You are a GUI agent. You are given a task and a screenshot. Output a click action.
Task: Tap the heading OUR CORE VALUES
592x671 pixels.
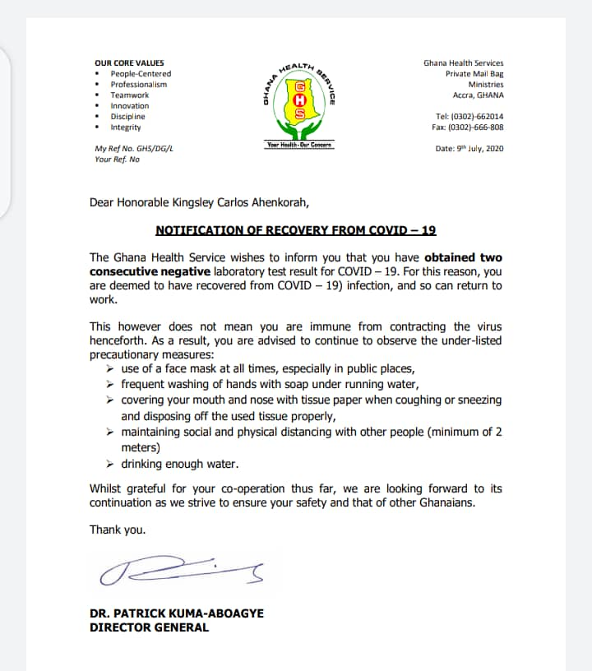(x=129, y=63)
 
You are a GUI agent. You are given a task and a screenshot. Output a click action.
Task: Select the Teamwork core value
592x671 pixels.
(x=130, y=95)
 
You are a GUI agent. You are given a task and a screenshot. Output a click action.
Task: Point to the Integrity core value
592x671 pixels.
(x=126, y=127)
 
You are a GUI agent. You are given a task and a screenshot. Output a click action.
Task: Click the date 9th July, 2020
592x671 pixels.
(x=469, y=149)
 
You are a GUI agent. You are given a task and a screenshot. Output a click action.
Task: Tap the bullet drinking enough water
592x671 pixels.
(x=180, y=464)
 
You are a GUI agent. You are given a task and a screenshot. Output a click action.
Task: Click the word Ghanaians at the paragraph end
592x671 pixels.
(x=445, y=502)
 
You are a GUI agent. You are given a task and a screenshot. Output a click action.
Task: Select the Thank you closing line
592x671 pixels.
(x=118, y=530)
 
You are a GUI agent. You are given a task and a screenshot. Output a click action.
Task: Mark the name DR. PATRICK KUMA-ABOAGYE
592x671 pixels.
(x=177, y=613)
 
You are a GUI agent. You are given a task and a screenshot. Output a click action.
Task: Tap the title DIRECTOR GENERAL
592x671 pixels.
(x=149, y=627)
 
